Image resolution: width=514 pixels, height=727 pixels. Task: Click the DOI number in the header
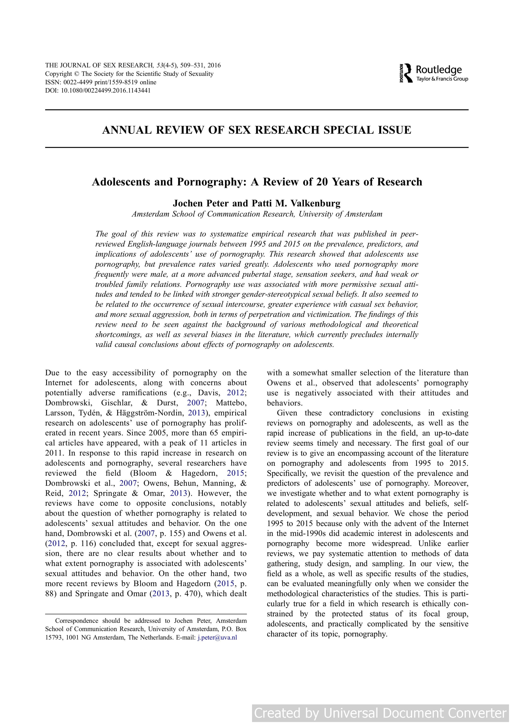[105, 91]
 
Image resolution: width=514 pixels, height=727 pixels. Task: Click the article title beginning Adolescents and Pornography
[257, 182]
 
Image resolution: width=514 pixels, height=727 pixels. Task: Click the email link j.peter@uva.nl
[217, 637]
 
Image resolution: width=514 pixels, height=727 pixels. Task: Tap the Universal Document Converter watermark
[380, 713]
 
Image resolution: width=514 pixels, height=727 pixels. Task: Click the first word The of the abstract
[102, 234]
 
